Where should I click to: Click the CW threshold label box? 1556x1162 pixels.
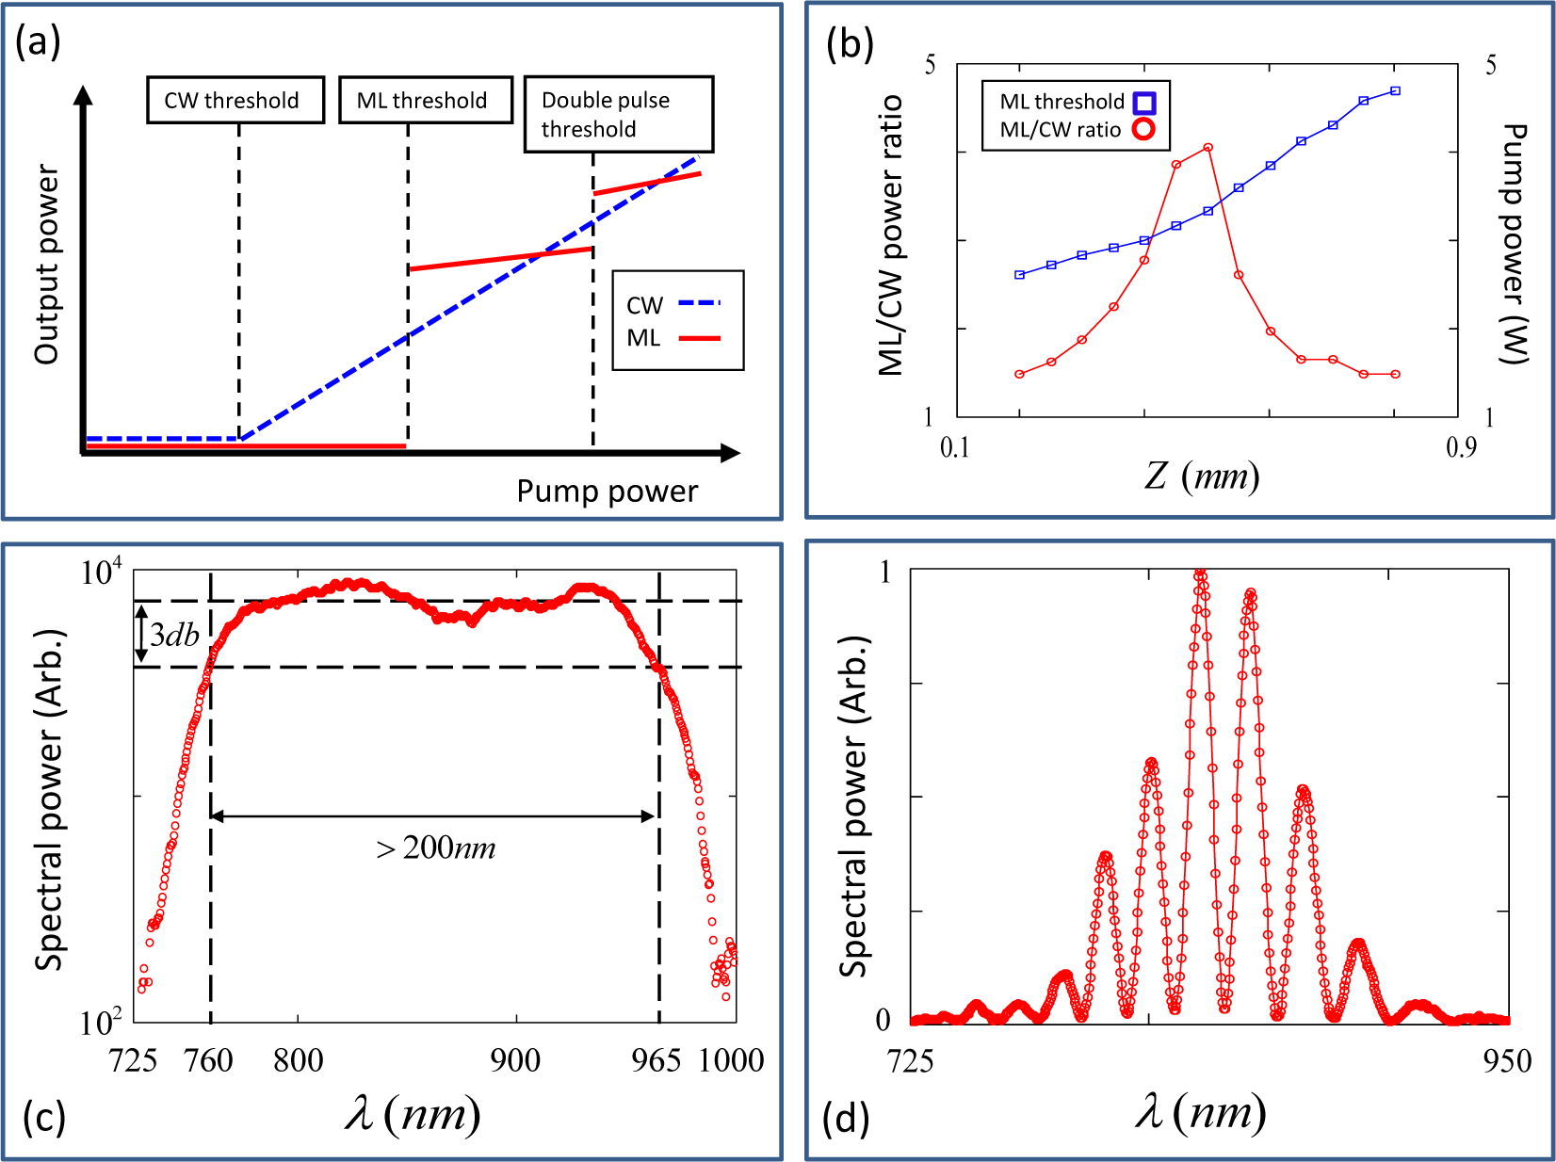coord(235,100)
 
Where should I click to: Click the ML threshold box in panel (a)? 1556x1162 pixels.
coord(425,100)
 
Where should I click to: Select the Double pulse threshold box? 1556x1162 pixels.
coord(618,114)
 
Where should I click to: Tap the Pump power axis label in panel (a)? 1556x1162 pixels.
coord(607,491)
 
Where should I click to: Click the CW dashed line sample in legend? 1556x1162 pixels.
coord(698,303)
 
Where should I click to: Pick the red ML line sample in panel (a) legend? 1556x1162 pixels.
coord(698,337)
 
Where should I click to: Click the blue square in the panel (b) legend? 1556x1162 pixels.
coord(1143,103)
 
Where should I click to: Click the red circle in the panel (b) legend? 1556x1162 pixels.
coord(1143,129)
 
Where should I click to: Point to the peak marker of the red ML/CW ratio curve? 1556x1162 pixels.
coord(1208,148)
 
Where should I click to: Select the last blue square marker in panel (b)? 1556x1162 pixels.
coord(1395,91)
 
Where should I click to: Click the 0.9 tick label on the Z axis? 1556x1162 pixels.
coord(1460,447)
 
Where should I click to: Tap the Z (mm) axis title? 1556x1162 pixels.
coord(1202,476)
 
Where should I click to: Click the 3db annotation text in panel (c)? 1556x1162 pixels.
coord(175,635)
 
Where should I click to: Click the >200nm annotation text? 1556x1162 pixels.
coord(436,848)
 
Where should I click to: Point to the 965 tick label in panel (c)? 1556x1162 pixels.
coord(656,1060)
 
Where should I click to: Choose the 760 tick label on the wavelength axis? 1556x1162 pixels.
coord(208,1060)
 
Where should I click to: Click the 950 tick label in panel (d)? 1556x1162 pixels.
coord(1506,1060)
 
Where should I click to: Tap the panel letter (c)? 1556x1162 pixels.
coord(43,1118)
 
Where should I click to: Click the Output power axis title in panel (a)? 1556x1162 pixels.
coord(46,265)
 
